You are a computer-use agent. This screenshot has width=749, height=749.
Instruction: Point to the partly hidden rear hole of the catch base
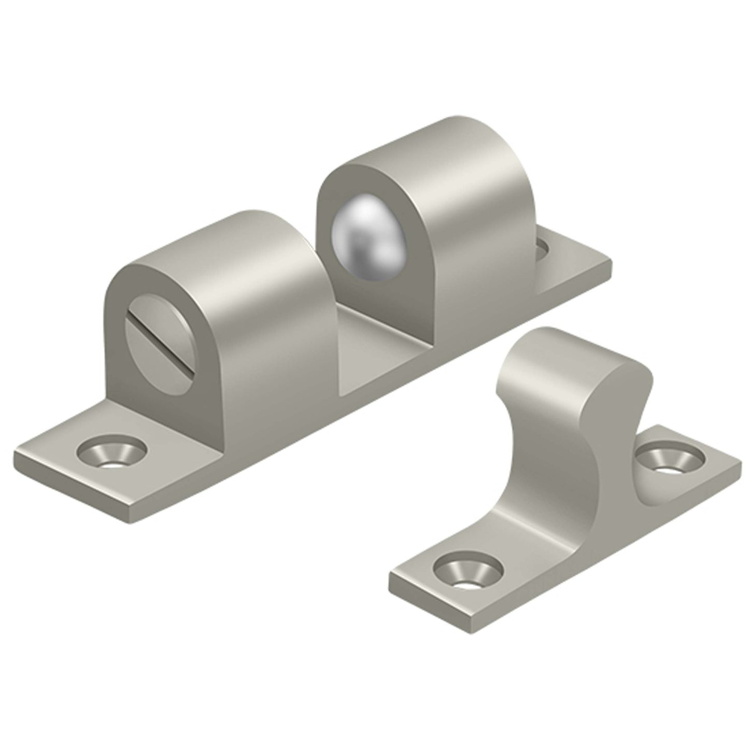coord(542,248)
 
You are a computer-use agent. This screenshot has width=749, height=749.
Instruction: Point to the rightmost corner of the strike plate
coord(739,459)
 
